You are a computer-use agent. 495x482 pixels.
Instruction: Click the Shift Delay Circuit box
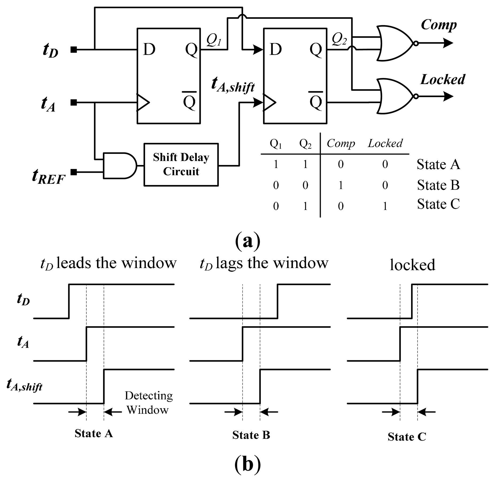coord(181,164)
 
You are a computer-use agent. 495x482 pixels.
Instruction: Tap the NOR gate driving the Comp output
coord(395,43)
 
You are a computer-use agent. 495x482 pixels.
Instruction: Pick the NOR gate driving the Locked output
coord(395,96)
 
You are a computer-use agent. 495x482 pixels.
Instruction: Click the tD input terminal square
coord(74,49)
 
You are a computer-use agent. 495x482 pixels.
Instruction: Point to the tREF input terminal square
coord(74,172)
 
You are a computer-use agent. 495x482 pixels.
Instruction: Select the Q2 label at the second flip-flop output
coord(339,39)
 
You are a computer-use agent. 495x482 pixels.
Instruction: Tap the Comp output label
coord(438,25)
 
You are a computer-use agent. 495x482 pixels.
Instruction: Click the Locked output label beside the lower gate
coord(443,80)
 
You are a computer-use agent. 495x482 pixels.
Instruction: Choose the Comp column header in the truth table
coord(341,143)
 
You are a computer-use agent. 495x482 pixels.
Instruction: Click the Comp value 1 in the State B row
coord(341,185)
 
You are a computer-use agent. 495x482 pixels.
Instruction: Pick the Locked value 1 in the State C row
coord(385,206)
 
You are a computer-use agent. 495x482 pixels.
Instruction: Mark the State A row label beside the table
coord(438,164)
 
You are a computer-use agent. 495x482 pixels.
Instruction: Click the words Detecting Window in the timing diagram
coord(148,402)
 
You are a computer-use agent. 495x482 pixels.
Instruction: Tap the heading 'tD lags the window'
coord(264,263)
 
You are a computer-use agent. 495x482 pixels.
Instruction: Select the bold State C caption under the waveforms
coord(407,437)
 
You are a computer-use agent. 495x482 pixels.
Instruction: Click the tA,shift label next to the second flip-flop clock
coord(233,84)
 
